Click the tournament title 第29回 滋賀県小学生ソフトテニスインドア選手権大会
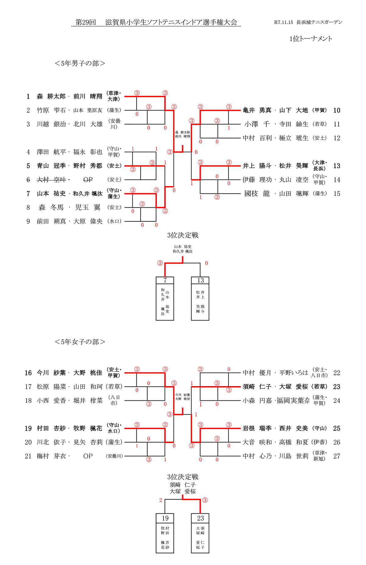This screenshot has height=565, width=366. (x=156, y=22)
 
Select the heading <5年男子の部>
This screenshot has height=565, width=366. (x=80, y=63)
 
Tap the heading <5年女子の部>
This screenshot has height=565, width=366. (x=80, y=342)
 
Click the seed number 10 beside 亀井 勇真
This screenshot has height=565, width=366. (x=336, y=110)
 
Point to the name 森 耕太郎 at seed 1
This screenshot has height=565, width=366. (x=51, y=96)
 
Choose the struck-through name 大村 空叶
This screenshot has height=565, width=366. (x=51, y=180)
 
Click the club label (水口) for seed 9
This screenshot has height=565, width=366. (x=114, y=221)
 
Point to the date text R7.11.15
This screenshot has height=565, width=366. (x=283, y=22)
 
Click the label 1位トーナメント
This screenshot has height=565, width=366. (x=310, y=39)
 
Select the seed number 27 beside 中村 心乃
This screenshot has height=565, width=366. (x=336, y=456)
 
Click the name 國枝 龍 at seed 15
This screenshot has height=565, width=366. (x=257, y=194)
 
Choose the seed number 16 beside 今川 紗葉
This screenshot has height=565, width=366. (x=28, y=373)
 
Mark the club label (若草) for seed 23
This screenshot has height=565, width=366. (x=319, y=387)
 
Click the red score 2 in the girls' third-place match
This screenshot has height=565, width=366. (x=161, y=500)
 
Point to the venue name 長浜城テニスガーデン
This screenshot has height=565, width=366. (x=319, y=22)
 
